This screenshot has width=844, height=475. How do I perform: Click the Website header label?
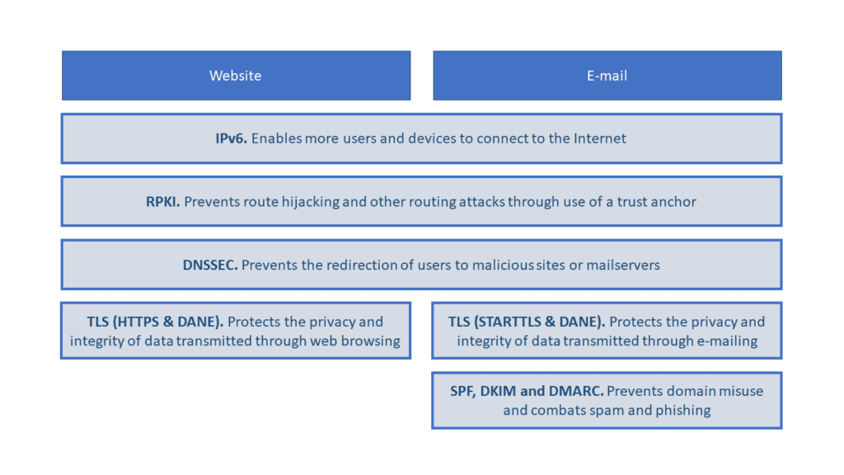(x=235, y=75)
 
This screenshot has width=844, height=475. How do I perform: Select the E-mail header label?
(x=607, y=75)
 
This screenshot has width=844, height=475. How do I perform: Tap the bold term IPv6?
(x=231, y=139)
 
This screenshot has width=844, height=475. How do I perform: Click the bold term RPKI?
(x=162, y=201)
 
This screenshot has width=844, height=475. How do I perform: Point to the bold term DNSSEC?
(x=210, y=265)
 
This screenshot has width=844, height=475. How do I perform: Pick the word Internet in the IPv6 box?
(x=600, y=139)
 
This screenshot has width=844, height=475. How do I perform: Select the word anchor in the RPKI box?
(x=675, y=202)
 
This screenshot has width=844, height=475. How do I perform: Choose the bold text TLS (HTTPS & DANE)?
(x=155, y=322)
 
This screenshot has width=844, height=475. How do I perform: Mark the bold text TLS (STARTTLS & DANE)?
(x=527, y=322)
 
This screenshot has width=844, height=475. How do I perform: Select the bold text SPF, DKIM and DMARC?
(x=527, y=391)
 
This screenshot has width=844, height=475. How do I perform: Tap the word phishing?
(x=683, y=411)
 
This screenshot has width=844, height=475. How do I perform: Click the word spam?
(x=607, y=412)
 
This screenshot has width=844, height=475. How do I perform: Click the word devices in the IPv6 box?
(x=429, y=139)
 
